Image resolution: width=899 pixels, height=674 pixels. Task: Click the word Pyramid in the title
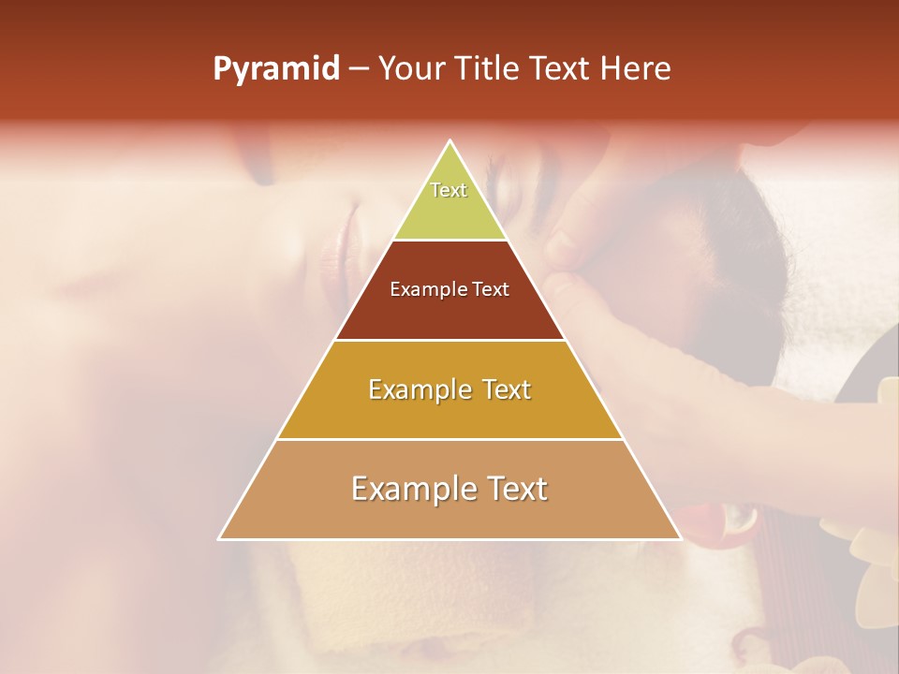[276, 69]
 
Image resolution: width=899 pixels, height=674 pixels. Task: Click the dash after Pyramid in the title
[359, 69]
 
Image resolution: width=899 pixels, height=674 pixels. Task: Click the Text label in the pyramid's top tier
[449, 190]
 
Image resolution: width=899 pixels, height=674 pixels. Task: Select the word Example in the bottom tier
[410, 489]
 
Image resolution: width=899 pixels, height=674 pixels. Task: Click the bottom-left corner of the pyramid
[221, 537]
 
